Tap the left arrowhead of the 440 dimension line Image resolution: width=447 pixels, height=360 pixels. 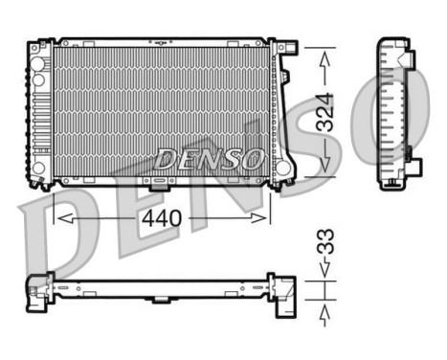[59, 218]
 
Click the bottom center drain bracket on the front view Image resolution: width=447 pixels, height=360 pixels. [153, 180]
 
